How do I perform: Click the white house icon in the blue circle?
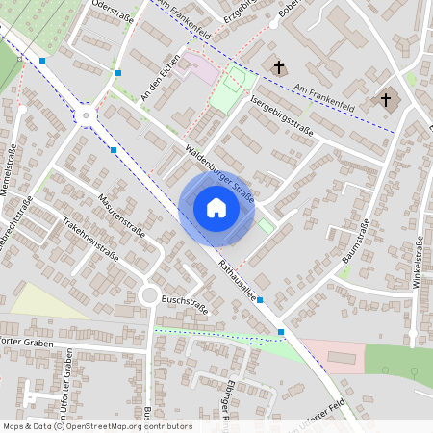[216, 207]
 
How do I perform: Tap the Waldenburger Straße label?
[220, 174]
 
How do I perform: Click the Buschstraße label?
[185, 307]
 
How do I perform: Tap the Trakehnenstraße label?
[89, 238]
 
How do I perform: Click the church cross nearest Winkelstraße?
[387, 98]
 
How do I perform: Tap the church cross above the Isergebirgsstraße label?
[280, 67]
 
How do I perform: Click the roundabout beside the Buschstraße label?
[149, 295]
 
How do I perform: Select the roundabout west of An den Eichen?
[88, 115]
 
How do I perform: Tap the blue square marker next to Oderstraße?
[118, 72]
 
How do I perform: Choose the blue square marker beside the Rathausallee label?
[260, 299]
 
